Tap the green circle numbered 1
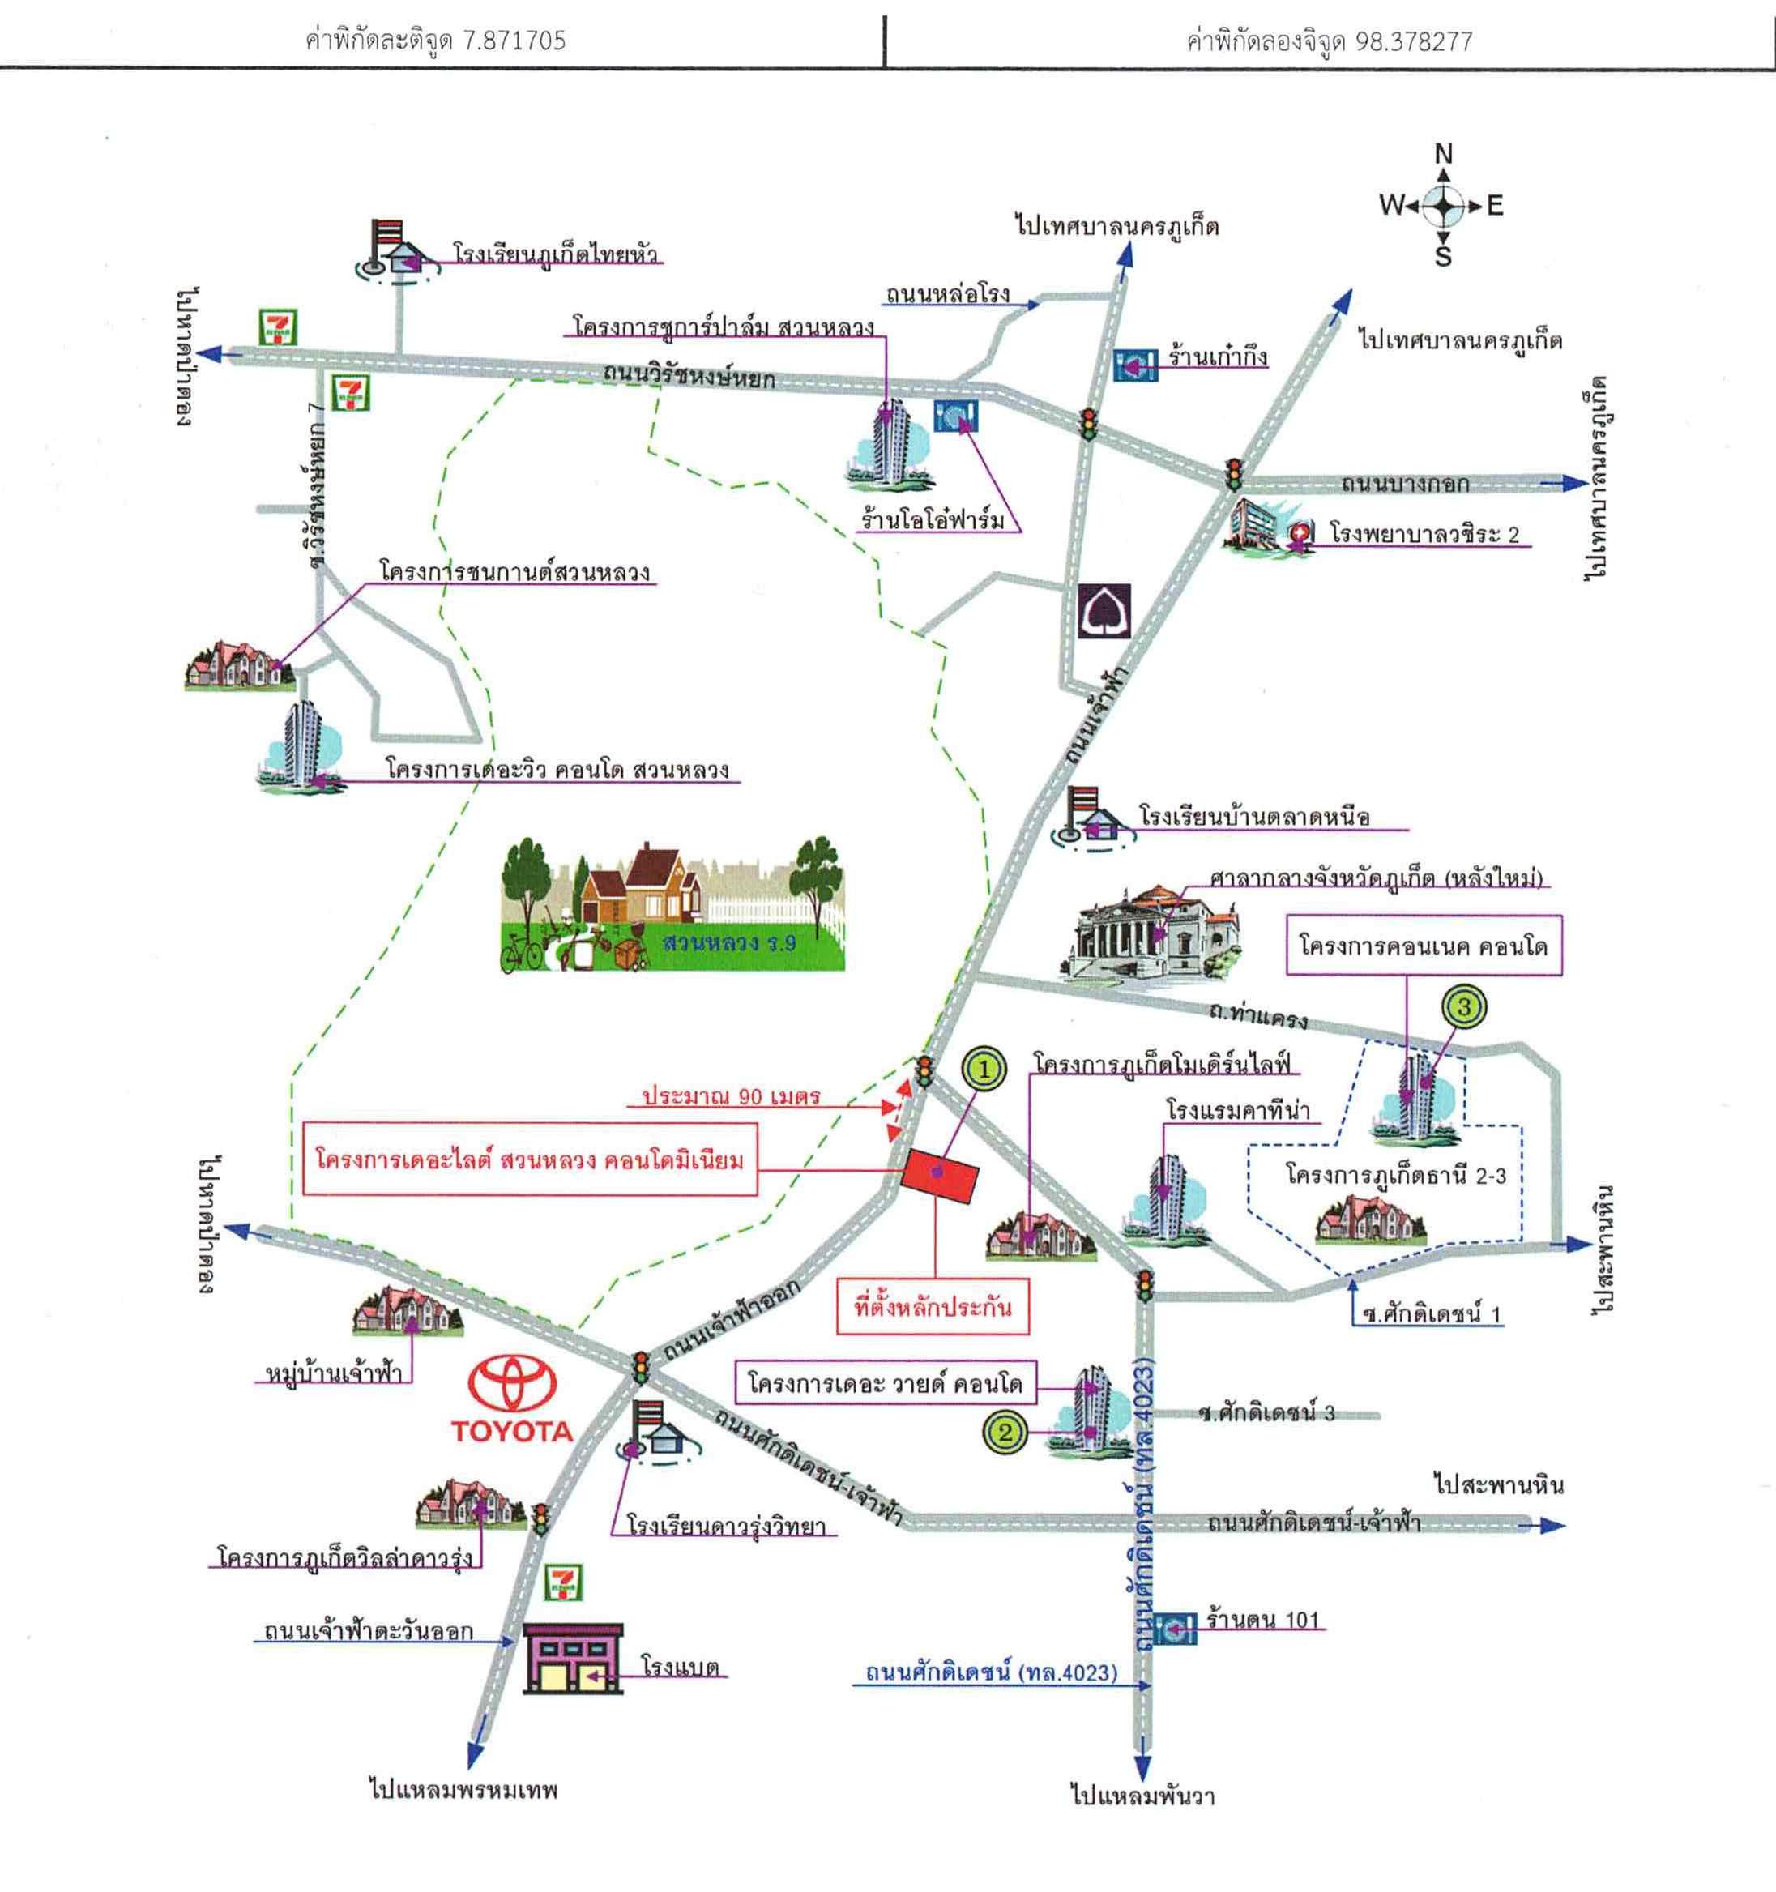click(985, 1068)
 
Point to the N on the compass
click(1443, 154)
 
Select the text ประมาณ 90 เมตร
click(731, 1096)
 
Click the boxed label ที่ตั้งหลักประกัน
click(932, 1308)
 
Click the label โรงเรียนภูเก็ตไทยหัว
click(556, 255)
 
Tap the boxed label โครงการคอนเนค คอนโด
click(1423, 946)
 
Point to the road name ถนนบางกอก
click(1405, 484)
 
